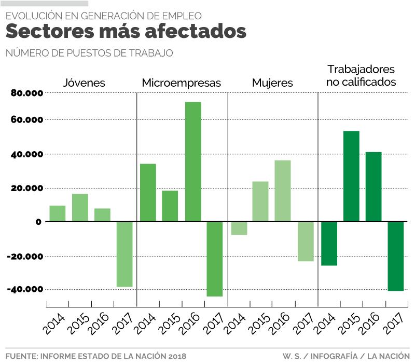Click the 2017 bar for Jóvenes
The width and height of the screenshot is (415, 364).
(125, 254)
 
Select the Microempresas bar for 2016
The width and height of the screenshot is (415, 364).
(193, 161)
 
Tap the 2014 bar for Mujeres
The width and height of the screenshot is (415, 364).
(239, 228)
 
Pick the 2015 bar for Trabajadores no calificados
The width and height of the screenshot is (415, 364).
(351, 176)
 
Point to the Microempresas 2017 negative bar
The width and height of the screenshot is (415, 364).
(215, 259)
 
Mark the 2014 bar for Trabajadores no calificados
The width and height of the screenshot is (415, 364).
(329, 244)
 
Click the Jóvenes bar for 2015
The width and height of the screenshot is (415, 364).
(80, 208)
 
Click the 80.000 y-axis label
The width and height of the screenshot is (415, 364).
(26, 93)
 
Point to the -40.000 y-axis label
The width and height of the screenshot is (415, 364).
(25, 289)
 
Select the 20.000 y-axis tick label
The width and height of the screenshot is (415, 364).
(26, 188)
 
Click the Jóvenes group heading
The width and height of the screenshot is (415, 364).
(84, 83)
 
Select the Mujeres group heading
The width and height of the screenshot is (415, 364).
(272, 83)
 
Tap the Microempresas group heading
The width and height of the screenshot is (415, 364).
(182, 83)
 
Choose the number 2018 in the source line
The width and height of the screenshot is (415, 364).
(176, 356)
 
